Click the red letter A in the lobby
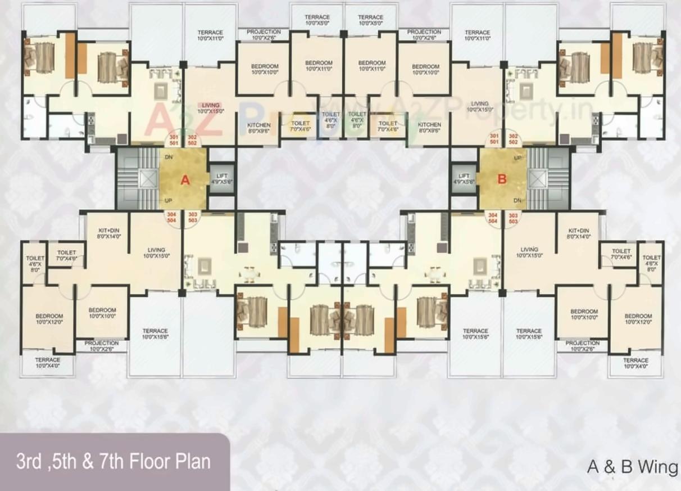pos(185,180)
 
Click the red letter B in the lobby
pos(502,179)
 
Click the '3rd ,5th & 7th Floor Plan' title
pos(114,462)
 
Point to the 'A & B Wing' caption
pos(632,467)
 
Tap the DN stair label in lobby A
pos(168,158)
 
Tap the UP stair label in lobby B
pos(517,158)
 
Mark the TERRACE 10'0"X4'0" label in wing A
pos(48,363)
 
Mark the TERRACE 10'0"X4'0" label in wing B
pos(635,363)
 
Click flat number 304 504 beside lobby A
pos(173,218)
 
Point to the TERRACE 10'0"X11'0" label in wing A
pos(210,35)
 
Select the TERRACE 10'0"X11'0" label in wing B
pos(477,35)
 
